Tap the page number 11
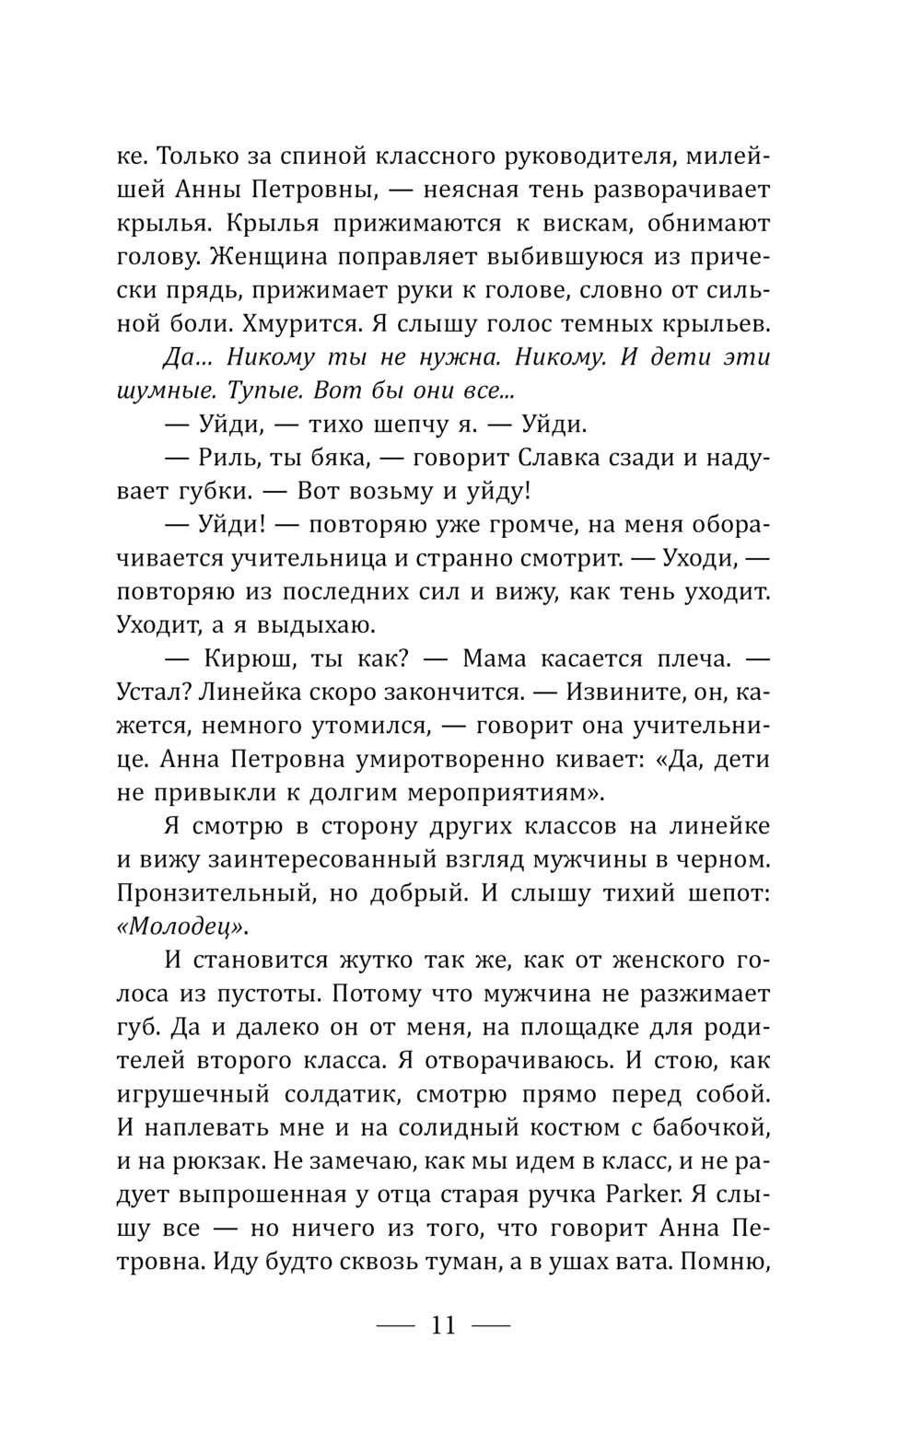(x=443, y=1325)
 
